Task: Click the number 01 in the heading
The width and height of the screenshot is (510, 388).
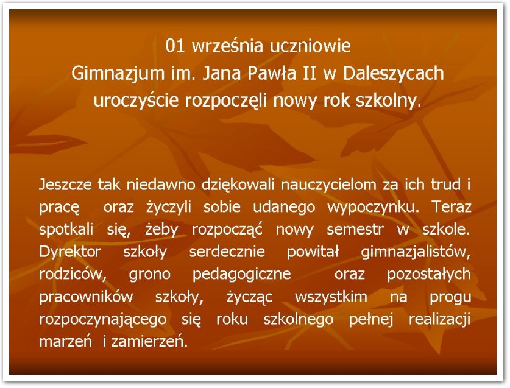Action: (x=175, y=46)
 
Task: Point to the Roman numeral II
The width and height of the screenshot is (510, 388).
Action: (x=310, y=74)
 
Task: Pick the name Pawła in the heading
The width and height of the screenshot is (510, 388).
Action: (x=272, y=74)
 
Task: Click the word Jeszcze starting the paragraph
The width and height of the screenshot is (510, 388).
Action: (x=65, y=185)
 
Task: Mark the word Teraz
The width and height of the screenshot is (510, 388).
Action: (x=452, y=207)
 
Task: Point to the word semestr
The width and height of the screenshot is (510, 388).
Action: (x=355, y=230)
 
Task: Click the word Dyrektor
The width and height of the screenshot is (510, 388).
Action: (x=70, y=252)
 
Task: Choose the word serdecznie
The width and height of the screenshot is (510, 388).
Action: (x=227, y=252)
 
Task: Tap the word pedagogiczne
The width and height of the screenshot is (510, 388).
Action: (x=242, y=275)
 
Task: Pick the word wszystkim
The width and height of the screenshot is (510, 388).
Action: (x=331, y=297)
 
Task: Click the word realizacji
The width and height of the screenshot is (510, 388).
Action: (x=440, y=320)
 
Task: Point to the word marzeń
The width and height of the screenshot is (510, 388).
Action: (x=66, y=342)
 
